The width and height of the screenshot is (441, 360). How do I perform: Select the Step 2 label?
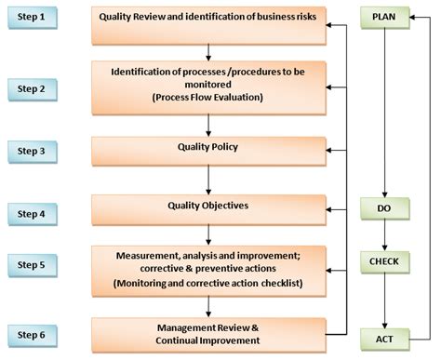pos(35,89)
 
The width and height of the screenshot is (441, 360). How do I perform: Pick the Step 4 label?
pos(35,213)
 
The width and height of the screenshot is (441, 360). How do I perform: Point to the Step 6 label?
pos(35,332)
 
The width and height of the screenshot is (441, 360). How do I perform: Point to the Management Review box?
pos(208,333)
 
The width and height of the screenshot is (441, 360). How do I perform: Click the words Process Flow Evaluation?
pos(209,96)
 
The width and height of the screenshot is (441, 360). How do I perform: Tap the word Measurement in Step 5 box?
pos(150,254)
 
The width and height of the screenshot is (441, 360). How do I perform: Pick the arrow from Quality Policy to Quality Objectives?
pos(208,180)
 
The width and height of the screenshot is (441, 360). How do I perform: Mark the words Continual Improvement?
pos(208,340)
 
